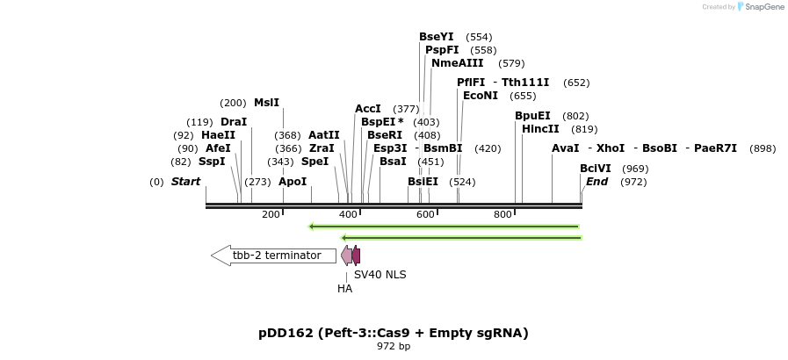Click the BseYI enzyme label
pos(436,37)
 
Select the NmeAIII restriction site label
pos(457,63)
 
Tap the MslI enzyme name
pos(266,103)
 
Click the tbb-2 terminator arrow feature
pos(273,256)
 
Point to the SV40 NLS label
pos(380,275)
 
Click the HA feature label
pos(344,288)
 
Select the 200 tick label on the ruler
pos(271,215)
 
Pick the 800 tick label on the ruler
pos(502,215)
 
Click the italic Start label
pos(185,182)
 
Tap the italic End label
pos(596,182)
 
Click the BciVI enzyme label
pos(595,169)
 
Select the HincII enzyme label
pos(540,129)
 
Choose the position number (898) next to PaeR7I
pos(762,148)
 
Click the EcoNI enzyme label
pos(481,96)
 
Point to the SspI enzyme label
pos(212,162)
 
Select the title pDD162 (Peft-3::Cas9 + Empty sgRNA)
pos(393,333)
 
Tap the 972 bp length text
pos(393,347)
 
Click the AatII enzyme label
pos(323,135)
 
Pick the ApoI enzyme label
pos(293,182)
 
